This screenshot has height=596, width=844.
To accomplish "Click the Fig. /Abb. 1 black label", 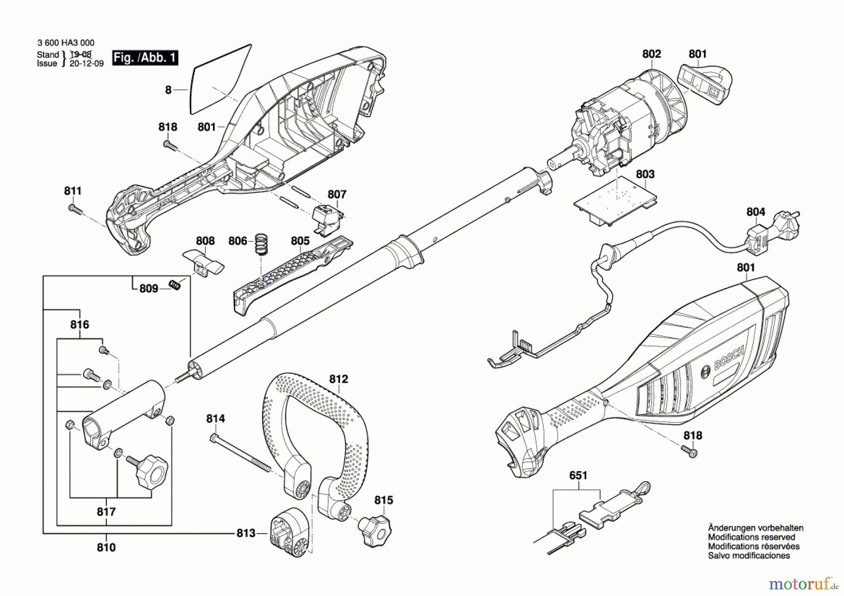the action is [x=145, y=58].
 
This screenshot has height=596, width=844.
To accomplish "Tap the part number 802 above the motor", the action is [x=652, y=54].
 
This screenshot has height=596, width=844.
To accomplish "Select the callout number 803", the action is [x=645, y=174].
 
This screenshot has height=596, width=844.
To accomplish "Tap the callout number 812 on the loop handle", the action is [x=339, y=379].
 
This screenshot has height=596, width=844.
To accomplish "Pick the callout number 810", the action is [x=106, y=547].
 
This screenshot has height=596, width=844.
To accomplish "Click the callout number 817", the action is [x=106, y=512].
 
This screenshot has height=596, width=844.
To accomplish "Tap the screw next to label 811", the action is [x=75, y=209].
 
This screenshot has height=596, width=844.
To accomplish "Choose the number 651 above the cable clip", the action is [x=578, y=475].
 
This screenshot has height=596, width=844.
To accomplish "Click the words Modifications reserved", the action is [x=752, y=537].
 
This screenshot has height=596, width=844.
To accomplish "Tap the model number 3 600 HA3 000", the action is [x=66, y=43].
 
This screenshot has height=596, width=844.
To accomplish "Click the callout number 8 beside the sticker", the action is [x=168, y=90].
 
